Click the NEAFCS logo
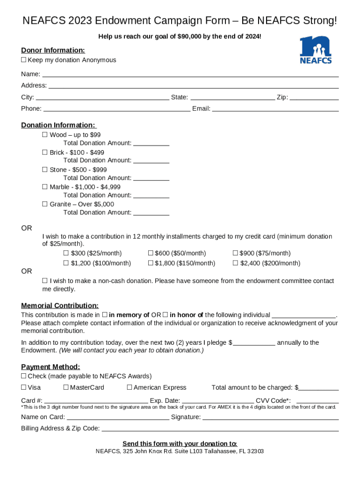pyautogui.click(x=316, y=49)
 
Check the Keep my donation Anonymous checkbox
pyautogui.click(x=24, y=60)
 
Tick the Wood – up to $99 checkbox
pyautogui.click(x=45, y=135)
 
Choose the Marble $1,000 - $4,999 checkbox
pyautogui.click(x=45, y=187)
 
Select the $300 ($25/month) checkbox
pyautogui.click(x=66, y=253)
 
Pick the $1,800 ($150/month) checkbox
pyautogui.click(x=151, y=263)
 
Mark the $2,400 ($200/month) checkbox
pyautogui.click(x=235, y=263)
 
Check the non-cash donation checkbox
pyautogui.click(x=45, y=281)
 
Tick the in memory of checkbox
pyautogui.click(x=105, y=315)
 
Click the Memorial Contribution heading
pyautogui.click(x=60, y=305)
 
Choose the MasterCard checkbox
pyautogui.click(x=66, y=387)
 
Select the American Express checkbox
pyautogui.click(x=130, y=387)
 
